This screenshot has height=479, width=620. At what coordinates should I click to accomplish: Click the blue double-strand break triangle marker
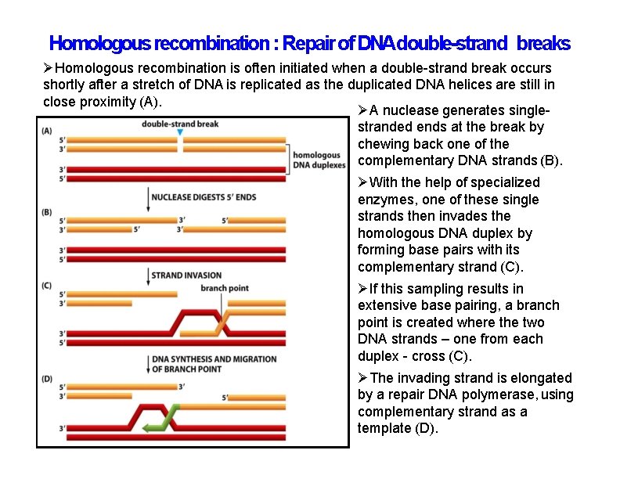point(180,134)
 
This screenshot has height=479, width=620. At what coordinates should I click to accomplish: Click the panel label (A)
point(47,131)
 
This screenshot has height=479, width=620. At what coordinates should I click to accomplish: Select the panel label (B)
point(47,212)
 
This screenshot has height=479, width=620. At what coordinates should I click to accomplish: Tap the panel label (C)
point(47,286)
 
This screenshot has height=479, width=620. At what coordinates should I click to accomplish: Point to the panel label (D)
point(47,379)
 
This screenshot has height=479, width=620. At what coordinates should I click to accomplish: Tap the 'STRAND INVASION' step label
point(186,276)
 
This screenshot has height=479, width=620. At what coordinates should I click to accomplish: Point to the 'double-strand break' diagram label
point(180,124)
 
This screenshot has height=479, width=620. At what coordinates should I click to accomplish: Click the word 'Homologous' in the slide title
point(100,42)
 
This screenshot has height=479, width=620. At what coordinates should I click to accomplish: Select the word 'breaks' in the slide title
point(543,42)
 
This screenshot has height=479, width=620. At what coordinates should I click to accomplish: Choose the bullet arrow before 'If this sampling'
point(362,289)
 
